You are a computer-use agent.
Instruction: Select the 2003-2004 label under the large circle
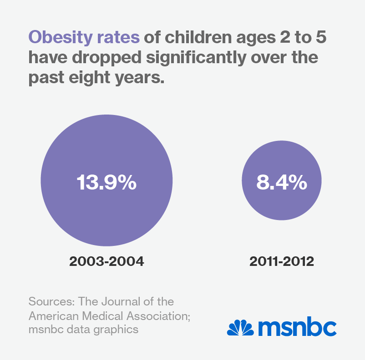(x=106, y=261)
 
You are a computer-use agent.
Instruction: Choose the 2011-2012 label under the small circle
(x=281, y=261)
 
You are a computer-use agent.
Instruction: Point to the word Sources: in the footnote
(x=51, y=301)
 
